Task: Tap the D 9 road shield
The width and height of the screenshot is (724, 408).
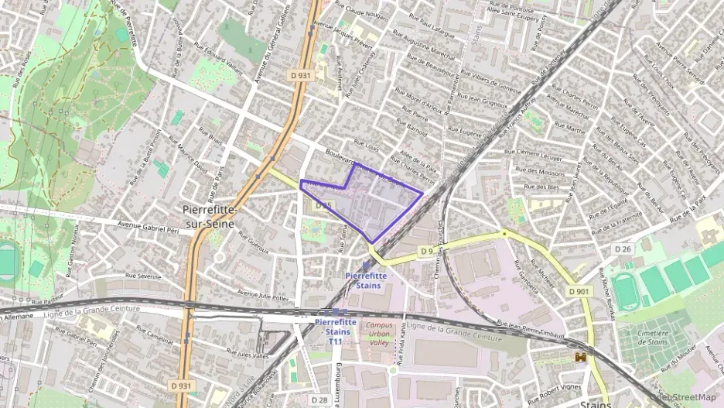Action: (426, 251)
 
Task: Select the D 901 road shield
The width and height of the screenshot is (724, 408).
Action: (578, 291)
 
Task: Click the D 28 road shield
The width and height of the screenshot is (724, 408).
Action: (319, 399)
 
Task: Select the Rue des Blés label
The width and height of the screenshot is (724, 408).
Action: (541, 187)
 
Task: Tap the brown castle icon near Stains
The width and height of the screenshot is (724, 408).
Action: (580, 357)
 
